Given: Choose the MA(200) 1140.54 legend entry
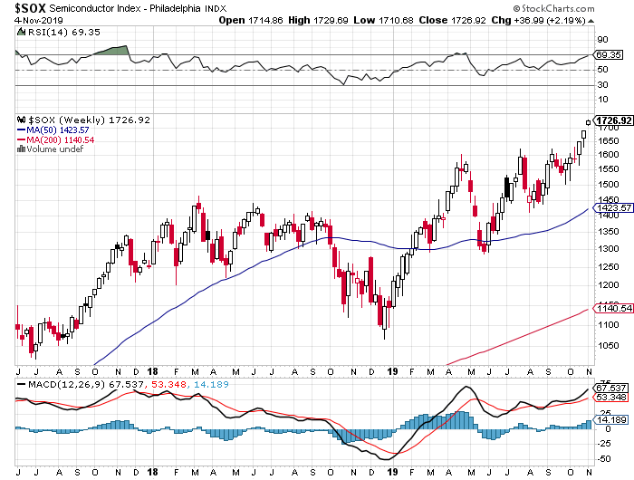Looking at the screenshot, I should point(55,139).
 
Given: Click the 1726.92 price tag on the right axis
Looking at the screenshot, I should point(612,120).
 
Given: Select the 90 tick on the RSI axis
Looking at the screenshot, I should point(600,39).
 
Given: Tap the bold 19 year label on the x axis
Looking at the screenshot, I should point(390,371).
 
